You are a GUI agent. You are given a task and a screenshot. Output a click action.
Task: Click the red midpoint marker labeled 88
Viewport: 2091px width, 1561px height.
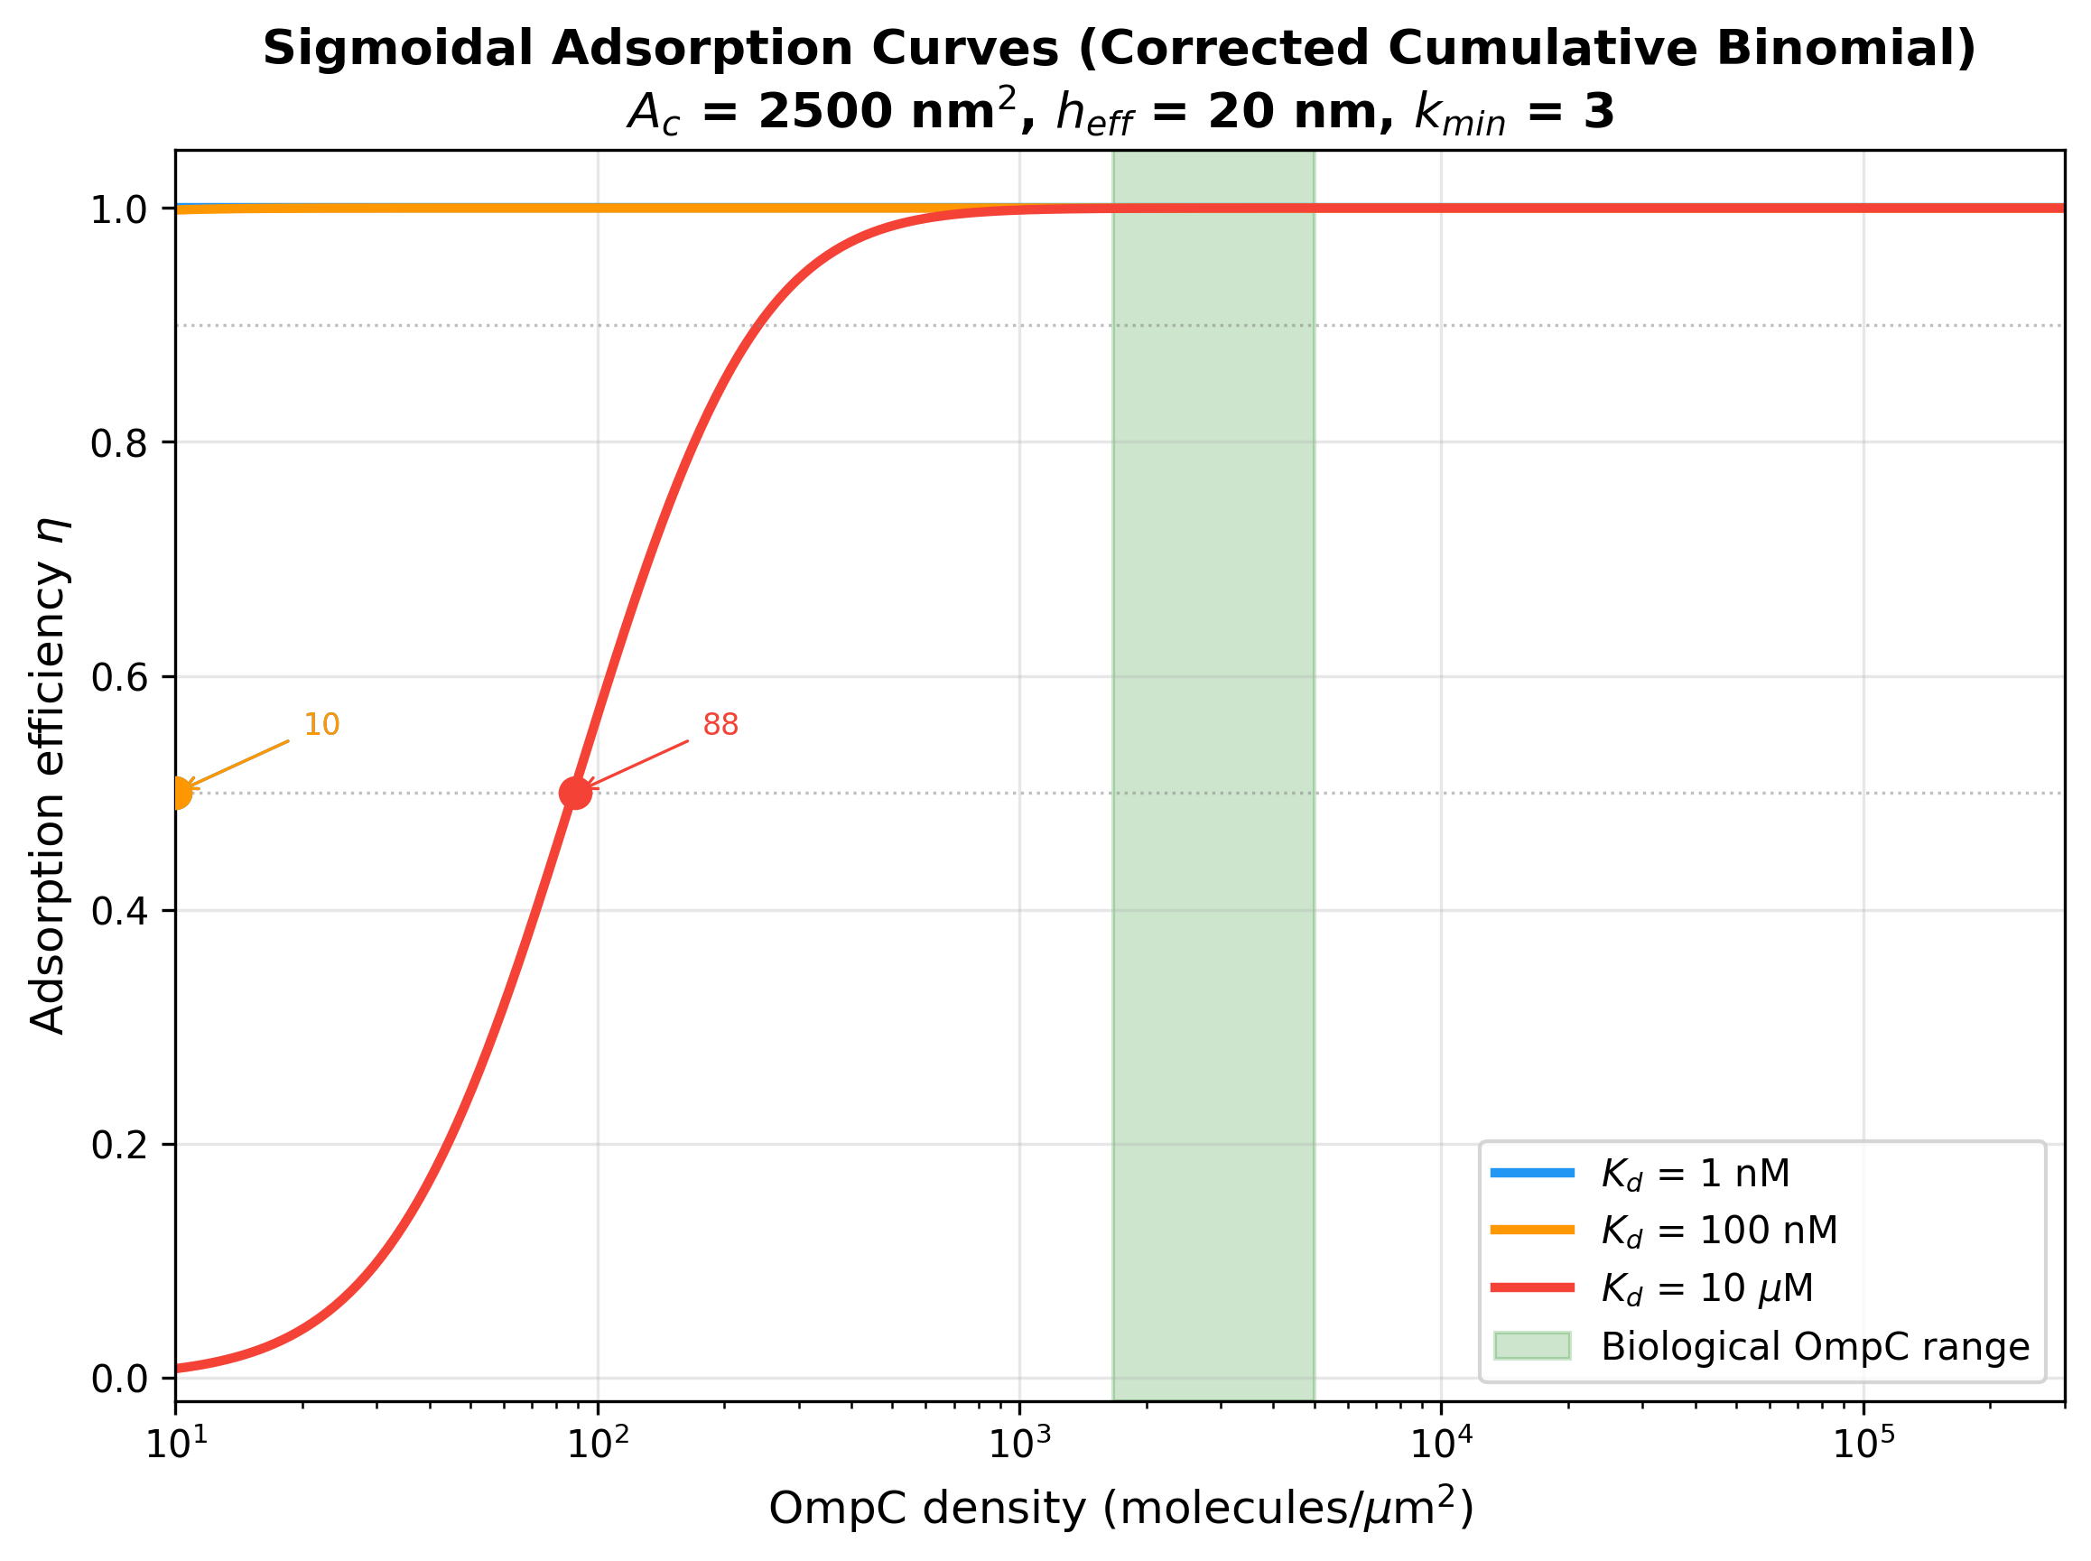(575, 793)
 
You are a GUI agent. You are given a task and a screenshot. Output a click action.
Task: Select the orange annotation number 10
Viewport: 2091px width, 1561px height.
(321, 725)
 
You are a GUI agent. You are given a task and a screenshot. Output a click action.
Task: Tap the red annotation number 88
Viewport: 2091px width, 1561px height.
(720, 725)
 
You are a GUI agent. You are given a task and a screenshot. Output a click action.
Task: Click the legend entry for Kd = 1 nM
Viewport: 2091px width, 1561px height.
(1694, 1174)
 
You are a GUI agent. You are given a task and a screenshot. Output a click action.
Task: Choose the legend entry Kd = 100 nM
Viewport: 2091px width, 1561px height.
(1718, 1231)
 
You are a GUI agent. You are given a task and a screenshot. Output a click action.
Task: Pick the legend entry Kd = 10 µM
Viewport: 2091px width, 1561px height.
(1705, 1288)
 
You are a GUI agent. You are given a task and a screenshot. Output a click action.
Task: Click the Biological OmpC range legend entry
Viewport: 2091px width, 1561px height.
(1814, 1346)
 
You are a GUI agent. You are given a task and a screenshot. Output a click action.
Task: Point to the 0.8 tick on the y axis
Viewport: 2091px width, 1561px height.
(119, 443)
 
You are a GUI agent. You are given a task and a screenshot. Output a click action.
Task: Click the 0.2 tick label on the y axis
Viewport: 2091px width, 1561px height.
(119, 1145)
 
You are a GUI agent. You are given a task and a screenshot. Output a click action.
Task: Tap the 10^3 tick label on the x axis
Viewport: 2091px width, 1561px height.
(1018, 1445)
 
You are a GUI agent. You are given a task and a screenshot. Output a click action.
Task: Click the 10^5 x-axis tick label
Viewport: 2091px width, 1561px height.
(1863, 1445)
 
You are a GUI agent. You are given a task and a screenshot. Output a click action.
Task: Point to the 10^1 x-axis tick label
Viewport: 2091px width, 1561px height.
(176, 1445)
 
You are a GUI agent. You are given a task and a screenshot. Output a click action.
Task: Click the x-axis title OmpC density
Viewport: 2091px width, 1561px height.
(1120, 1508)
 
